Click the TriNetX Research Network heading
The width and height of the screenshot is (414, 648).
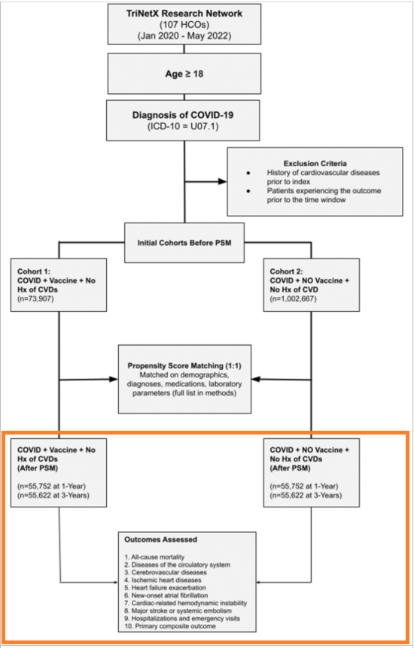click(184, 14)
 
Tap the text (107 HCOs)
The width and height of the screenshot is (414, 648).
click(184, 24)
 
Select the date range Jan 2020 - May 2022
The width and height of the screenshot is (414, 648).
click(184, 35)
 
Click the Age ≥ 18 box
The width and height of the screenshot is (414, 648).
click(184, 74)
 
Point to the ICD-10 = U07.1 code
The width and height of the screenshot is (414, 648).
click(183, 126)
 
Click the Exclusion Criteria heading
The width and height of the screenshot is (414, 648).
click(315, 163)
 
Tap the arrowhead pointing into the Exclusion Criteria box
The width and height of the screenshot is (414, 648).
click(222, 181)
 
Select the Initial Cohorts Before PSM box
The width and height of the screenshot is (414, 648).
click(184, 243)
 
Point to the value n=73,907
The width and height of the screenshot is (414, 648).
click(35, 298)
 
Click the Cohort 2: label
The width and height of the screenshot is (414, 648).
click(287, 271)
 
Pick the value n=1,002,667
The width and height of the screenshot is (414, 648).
click(293, 298)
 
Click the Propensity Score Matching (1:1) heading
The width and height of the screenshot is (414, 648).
click(184, 366)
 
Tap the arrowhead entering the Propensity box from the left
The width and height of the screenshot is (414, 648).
click(114, 379)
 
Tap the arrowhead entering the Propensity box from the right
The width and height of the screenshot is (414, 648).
click(255, 379)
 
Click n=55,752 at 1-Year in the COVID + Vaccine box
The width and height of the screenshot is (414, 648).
click(52, 486)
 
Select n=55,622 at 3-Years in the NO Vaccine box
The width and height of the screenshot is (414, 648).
click(306, 495)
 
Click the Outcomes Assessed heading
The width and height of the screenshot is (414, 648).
click(160, 539)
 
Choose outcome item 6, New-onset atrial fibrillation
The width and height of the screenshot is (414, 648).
click(166, 595)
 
